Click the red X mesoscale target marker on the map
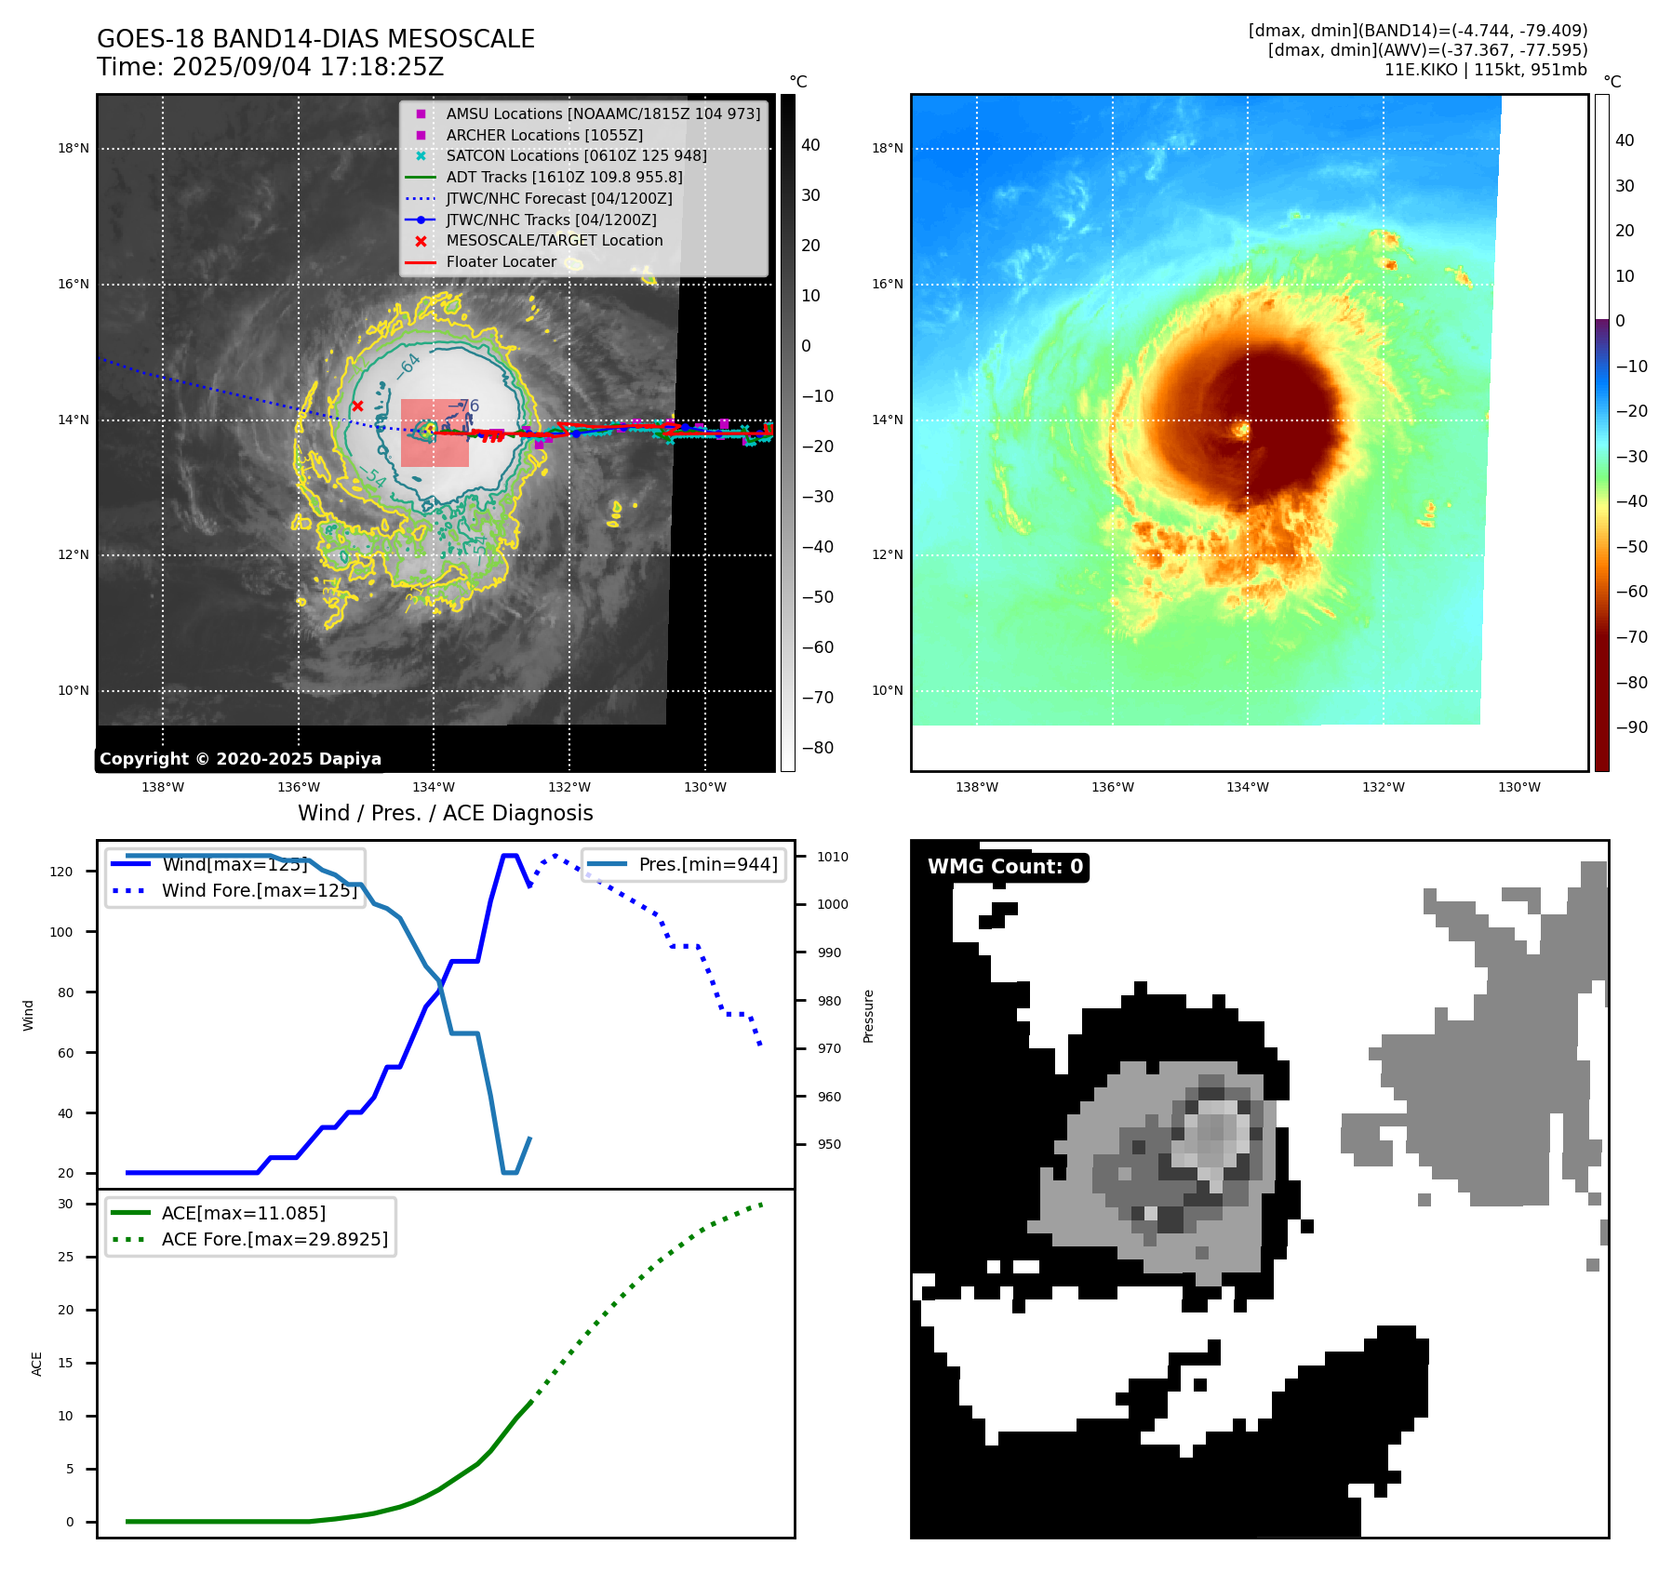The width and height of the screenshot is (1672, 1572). pyautogui.click(x=357, y=406)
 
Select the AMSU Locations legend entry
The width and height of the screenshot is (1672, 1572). pyautogui.click(x=602, y=113)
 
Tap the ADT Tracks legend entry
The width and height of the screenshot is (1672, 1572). pyautogui.click(x=564, y=177)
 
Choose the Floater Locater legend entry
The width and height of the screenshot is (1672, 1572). pyautogui.click(x=501, y=262)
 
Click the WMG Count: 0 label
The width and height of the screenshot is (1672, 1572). pyautogui.click(x=1005, y=867)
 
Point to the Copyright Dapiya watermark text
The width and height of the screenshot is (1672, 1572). pyautogui.click(x=240, y=759)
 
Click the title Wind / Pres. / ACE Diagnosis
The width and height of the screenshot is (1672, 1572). pyautogui.click(x=445, y=813)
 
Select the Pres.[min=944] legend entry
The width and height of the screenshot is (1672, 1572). pyautogui.click(x=707, y=864)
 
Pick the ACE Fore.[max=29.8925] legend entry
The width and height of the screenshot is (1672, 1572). pyautogui.click(x=274, y=1239)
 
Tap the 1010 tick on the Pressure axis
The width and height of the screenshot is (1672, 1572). pyautogui.click(x=833, y=857)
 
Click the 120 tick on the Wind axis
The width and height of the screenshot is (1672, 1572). pyautogui.click(x=60, y=872)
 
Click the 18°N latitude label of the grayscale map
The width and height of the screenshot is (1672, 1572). pyautogui.click(x=74, y=149)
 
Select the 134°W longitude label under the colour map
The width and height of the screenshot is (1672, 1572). pyautogui.click(x=1247, y=788)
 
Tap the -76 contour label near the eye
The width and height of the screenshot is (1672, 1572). pyautogui.click(x=465, y=406)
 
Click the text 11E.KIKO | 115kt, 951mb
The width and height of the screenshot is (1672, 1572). pyautogui.click(x=1485, y=70)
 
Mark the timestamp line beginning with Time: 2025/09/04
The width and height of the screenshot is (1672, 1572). pyautogui.click(x=270, y=68)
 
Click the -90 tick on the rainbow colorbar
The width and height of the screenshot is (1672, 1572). pyautogui.click(x=1631, y=727)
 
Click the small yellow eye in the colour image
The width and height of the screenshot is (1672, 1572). pyautogui.click(x=1241, y=430)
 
